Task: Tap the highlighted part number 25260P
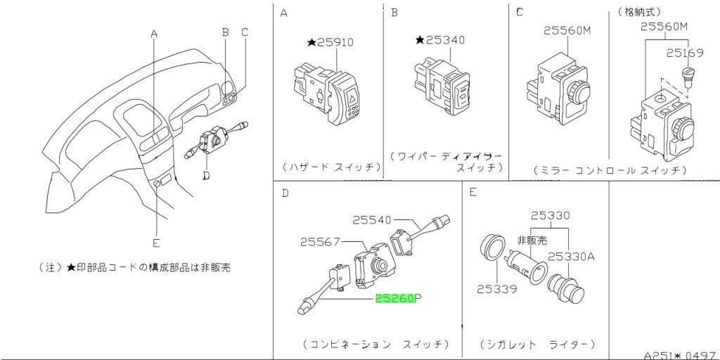[x=397, y=298]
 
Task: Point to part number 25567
[x=321, y=241]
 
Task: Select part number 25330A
[x=572, y=257]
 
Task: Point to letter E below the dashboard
[x=156, y=243]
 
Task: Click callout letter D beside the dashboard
[x=205, y=175]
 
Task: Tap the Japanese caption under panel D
[x=376, y=345]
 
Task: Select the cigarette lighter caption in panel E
[x=537, y=345]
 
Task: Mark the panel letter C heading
[x=519, y=12]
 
